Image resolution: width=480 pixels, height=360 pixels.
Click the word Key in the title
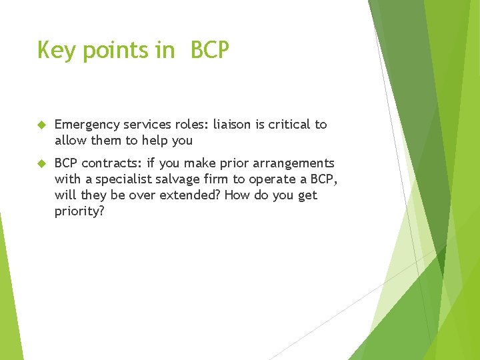pos(55,50)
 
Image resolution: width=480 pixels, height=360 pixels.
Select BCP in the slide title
pos(209,50)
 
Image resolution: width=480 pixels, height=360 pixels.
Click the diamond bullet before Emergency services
pos(41,125)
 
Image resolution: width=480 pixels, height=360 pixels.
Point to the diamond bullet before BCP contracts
pos(41,163)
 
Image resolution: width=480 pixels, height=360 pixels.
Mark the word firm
pos(219,179)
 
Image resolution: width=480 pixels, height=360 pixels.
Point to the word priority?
pos(79,211)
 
